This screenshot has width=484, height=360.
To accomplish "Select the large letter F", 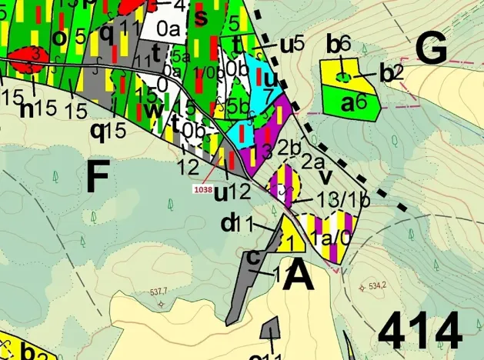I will pos(97,178).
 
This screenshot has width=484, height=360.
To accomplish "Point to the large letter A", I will pos(299,275).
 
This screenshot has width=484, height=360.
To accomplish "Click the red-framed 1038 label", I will pos(204,187).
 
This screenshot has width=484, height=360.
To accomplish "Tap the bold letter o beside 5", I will pos(58,37).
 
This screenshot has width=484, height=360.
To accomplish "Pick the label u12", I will pos(230,188).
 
